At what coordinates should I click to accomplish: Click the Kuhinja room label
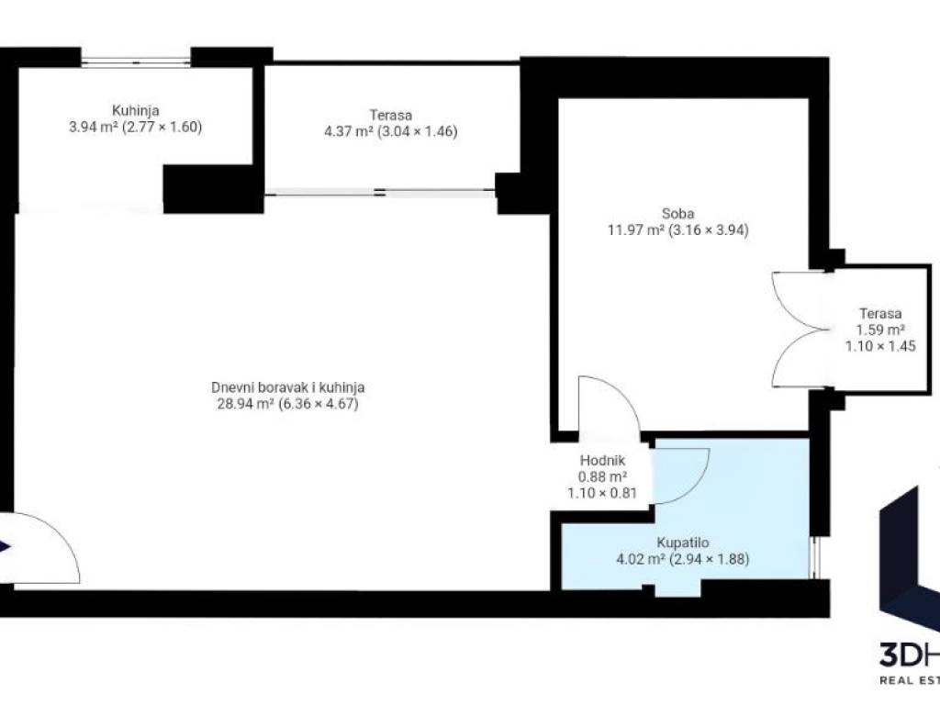click(x=136, y=111)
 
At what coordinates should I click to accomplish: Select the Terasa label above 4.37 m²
click(x=390, y=115)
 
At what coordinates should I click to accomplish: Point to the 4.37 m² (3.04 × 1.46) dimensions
click(x=390, y=131)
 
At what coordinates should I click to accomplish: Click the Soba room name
click(x=678, y=213)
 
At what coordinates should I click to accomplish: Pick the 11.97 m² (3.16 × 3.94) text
click(x=678, y=230)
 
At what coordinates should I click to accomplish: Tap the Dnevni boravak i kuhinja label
click(x=287, y=387)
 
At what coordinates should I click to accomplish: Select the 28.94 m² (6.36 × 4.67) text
click(x=287, y=404)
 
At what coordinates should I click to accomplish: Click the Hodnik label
click(x=602, y=461)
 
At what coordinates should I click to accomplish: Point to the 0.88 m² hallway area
click(x=602, y=477)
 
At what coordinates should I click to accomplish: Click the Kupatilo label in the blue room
click(x=683, y=543)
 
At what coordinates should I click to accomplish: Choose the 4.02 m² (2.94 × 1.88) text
click(x=683, y=559)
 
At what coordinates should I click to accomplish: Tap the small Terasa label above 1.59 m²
click(x=880, y=313)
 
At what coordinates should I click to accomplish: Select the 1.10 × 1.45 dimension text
click(x=880, y=346)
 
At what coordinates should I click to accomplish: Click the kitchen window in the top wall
click(x=136, y=62)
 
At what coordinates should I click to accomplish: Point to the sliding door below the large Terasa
click(x=380, y=193)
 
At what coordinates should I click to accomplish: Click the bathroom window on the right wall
click(x=813, y=557)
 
